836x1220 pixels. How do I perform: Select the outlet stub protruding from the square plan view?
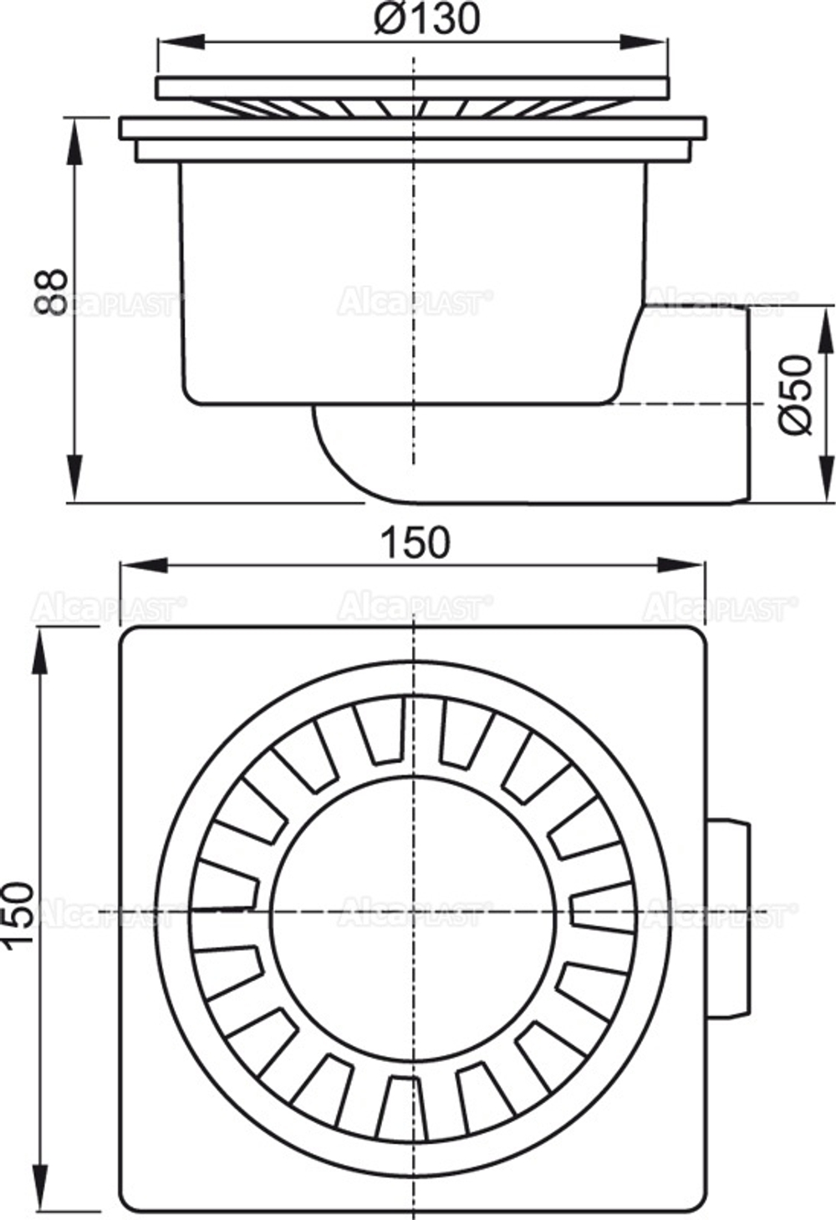pyautogui.click(x=729, y=918)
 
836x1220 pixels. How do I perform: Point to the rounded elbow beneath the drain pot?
pyautogui.click(x=351, y=455)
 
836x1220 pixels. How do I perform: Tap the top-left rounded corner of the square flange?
pyautogui.click(x=134, y=639)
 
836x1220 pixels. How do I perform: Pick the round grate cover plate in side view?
pyautogui.click(x=413, y=86)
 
